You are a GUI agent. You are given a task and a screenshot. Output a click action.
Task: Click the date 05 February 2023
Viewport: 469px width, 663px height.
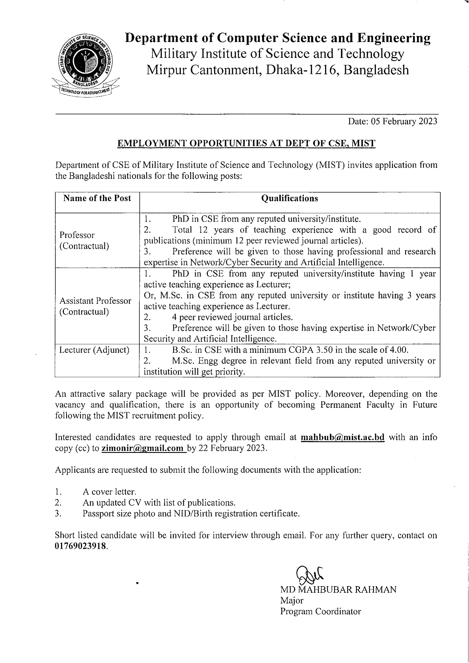coord(404,121)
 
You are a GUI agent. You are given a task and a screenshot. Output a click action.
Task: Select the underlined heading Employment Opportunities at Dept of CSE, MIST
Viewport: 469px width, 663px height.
coord(246,143)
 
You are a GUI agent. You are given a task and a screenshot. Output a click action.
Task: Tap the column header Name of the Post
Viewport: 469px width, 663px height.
coord(97,198)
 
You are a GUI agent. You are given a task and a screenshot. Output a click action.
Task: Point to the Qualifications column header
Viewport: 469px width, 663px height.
coord(290,198)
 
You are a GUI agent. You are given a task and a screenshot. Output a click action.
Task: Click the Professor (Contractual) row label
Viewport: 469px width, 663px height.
coord(84,240)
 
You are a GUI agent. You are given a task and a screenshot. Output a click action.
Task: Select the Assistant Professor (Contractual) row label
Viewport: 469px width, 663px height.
coord(95,306)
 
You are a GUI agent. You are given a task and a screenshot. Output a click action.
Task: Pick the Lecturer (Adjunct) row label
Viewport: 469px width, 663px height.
coord(94,350)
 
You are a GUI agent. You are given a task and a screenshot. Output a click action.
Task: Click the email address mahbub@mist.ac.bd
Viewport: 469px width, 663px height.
coord(342,437)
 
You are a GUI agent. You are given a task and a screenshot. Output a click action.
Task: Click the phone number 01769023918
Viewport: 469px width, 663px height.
coord(81,546)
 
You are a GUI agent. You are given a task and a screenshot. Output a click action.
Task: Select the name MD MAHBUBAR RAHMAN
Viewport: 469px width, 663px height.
coord(338,589)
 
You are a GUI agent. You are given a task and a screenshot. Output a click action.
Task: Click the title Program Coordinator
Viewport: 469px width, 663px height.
coord(320,611)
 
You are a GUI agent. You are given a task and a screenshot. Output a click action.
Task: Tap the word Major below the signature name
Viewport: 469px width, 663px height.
coord(292,600)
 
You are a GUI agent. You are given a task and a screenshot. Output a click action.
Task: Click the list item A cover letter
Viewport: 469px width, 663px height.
coord(109,492)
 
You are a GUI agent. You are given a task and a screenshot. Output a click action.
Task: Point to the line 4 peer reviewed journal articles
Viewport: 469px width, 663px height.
coord(232,317)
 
